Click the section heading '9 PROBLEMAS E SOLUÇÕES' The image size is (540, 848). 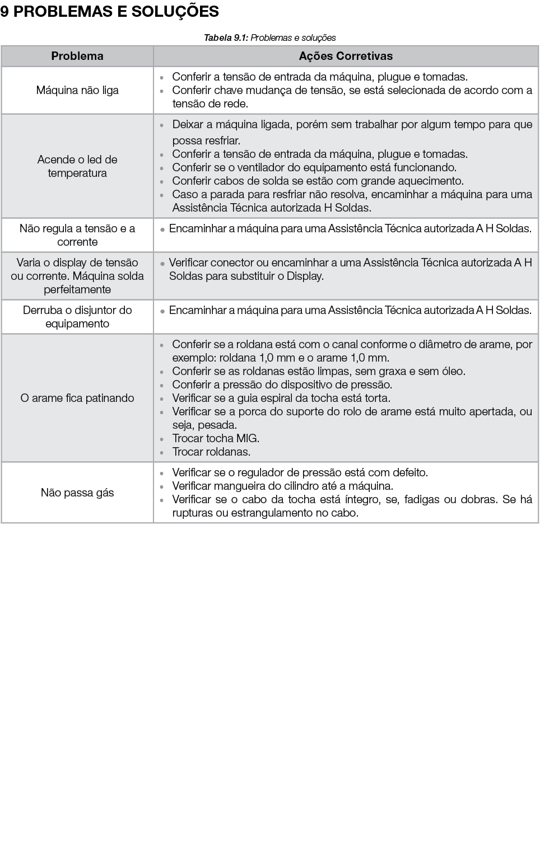tap(109, 11)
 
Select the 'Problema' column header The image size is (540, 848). tap(77, 56)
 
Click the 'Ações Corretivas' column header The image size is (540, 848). tap(346, 56)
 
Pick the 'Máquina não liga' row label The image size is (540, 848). tap(77, 90)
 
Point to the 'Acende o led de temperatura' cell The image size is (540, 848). tap(77, 166)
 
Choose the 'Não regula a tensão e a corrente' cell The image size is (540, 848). tap(77, 235)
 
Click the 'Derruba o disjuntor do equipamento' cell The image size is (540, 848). tap(77, 317)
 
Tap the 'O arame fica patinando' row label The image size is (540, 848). tap(77, 398)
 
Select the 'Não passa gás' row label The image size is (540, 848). tap(77, 493)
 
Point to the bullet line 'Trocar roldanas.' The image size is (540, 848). tap(211, 452)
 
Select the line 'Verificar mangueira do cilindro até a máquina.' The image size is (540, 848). tap(282, 486)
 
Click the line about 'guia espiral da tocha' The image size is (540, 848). tap(281, 398)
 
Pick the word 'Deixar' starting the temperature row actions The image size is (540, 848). tap(189, 124)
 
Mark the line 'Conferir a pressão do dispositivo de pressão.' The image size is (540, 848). tap(282, 385)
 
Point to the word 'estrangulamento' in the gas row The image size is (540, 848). tap(283, 513)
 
